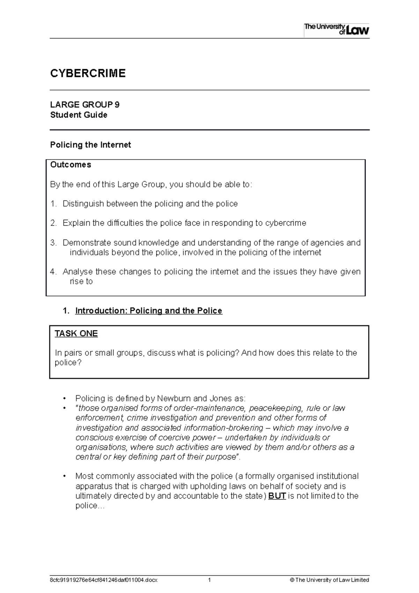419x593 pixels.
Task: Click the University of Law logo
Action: click(336, 29)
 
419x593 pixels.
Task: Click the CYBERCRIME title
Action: click(88, 73)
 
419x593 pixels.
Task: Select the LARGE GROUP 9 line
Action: click(85, 105)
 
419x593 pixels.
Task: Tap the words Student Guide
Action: click(79, 115)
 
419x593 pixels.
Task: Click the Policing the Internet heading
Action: click(90, 145)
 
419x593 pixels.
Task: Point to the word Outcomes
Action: click(71, 165)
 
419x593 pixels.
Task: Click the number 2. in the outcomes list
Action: click(53, 223)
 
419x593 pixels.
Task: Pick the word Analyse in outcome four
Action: click(78, 272)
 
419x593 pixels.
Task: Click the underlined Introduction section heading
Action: click(148, 311)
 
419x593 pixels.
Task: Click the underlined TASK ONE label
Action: click(76, 334)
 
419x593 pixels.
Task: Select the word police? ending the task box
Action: click(68, 363)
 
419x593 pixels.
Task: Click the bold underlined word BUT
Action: click(277, 496)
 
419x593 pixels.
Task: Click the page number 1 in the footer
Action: click(209, 580)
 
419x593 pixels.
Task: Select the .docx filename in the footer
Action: click(104, 580)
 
